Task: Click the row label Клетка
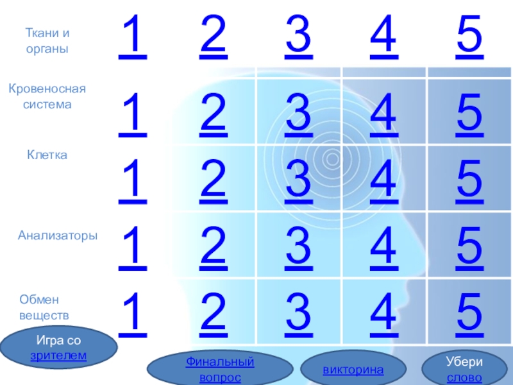click(x=47, y=155)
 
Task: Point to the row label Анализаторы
click(x=58, y=236)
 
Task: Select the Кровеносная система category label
click(x=47, y=96)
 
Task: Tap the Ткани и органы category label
click(x=47, y=40)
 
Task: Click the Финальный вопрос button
click(x=220, y=370)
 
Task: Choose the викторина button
click(x=353, y=370)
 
